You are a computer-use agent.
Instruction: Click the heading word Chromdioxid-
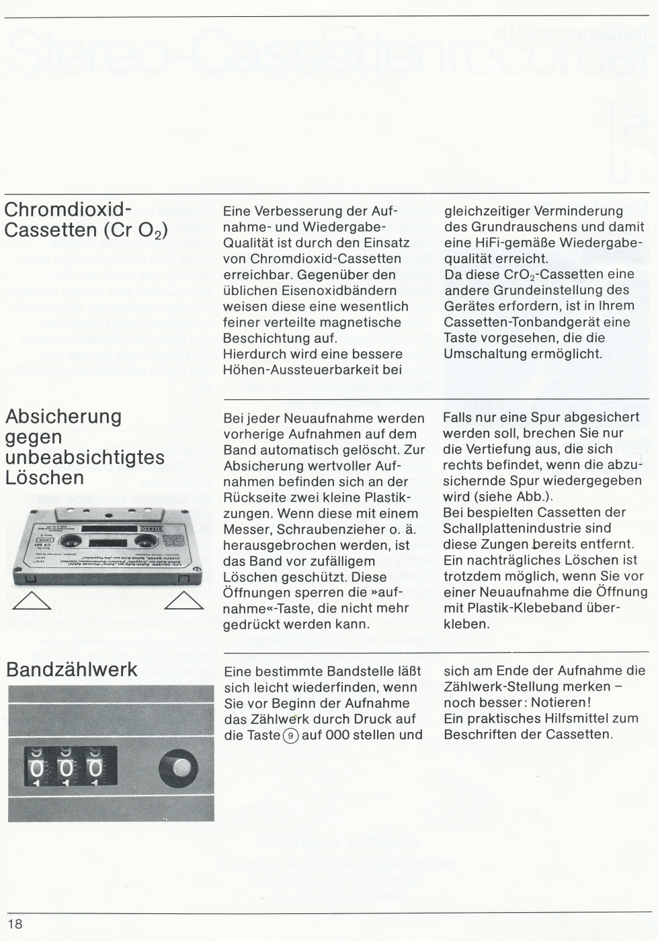[68, 209]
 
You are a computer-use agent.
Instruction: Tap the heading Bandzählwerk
[71, 669]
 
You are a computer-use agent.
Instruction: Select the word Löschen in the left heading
[44, 478]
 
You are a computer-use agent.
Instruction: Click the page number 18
[15, 924]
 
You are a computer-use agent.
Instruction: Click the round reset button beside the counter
[178, 768]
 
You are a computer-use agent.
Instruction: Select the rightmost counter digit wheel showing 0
[95, 768]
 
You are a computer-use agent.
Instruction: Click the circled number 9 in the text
[290, 735]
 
